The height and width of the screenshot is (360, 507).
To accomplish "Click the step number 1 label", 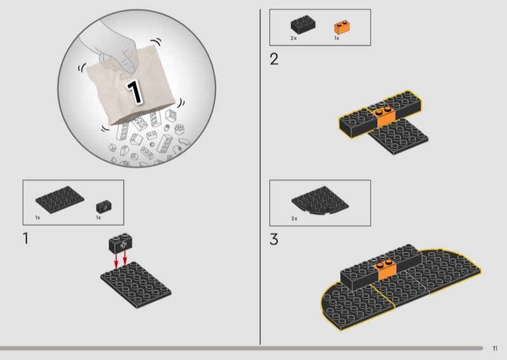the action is point(25,238).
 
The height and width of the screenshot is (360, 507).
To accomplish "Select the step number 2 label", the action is point(274,59).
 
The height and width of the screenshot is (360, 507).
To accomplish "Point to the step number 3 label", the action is point(274,240).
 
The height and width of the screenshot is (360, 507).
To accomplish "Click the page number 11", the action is point(495,349).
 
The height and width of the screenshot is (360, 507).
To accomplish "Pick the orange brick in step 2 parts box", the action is point(342,27).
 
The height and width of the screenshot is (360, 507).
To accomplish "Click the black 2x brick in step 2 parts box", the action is point(303,24).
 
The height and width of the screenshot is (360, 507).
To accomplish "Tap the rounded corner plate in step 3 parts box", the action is point(320,200).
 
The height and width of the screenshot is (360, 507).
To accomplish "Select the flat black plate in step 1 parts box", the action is point(60,200).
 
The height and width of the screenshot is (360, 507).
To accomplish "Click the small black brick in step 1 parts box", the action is point(104,207).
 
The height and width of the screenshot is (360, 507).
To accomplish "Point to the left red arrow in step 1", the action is point(116,261).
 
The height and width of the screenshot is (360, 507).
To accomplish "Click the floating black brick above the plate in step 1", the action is point(120,243).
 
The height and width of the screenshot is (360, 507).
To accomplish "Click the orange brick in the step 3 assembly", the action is point(386,270).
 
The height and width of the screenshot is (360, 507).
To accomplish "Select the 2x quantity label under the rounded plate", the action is point(294,219).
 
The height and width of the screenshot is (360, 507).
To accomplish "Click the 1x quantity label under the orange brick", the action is point(337,38).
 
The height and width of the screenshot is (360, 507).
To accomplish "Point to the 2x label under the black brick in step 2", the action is point(293,38).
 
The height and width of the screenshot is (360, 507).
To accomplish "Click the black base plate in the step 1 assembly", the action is point(136,285).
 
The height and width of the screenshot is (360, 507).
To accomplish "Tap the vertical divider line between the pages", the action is point(260,177).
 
